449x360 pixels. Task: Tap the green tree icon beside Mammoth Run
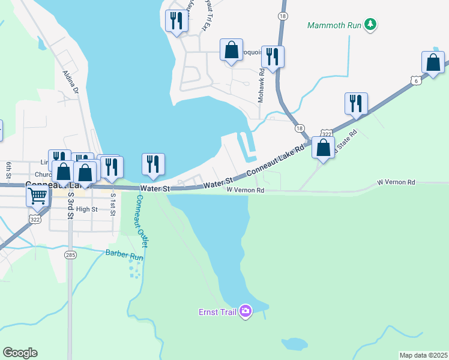point(372,25)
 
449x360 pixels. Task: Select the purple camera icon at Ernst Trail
point(245,311)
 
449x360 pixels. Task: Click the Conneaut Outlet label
point(142,221)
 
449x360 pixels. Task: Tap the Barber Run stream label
point(125,254)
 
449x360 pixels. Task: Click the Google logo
point(20,352)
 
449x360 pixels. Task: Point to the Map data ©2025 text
point(423,355)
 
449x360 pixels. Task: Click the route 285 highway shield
point(71,254)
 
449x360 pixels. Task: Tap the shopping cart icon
point(38,195)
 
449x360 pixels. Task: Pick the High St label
point(86,209)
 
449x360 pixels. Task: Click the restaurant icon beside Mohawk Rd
point(273,56)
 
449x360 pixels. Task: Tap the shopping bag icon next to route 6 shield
point(433,62)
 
